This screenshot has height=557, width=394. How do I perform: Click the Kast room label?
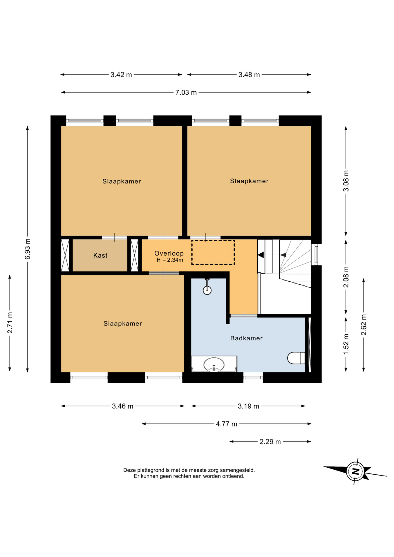(100, 255)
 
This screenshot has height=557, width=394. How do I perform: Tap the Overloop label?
(169, 253)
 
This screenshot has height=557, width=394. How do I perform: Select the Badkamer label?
(246, 338)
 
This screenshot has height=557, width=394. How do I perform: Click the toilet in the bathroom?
(296, 358)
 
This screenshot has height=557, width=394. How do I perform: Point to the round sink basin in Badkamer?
(214, 364)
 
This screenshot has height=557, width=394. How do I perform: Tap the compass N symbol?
(355, 471)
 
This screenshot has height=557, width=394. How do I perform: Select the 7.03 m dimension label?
(186, 93)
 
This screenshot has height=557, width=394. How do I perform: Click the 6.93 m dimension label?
(28, 249)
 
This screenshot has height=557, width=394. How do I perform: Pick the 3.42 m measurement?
(121, 75)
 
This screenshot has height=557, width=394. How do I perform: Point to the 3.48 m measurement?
(249, 75)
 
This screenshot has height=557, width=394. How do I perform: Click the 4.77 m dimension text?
(226, 424)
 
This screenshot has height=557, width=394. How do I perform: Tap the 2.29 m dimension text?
(270, 442)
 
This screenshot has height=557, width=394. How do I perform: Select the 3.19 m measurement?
(248, 406)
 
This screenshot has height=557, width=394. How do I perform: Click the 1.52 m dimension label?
(346, 344)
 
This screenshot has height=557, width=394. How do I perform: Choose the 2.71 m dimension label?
(10, 323)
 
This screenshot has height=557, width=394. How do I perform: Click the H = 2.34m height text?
(170, 260)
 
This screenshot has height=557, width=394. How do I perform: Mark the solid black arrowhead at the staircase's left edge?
(261, 255)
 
